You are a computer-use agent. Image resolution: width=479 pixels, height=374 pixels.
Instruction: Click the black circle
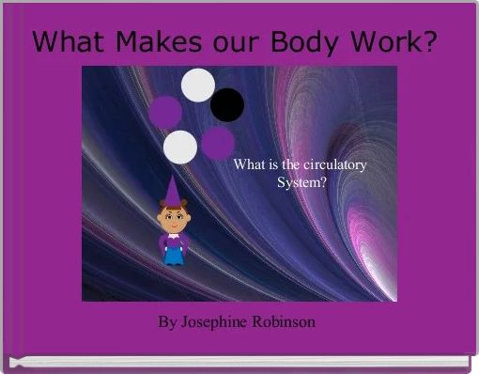[226, 104]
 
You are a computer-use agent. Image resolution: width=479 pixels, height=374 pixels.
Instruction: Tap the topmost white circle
[197, 85]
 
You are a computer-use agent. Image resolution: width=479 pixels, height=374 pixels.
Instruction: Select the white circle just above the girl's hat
[180, 147]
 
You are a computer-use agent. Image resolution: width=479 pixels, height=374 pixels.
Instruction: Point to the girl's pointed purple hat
[172, 192]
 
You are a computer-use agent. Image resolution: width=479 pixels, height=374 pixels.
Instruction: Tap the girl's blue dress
[173, 249]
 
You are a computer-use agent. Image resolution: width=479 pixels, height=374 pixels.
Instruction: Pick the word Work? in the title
[397, 42]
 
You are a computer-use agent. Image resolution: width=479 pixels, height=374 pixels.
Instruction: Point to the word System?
[302, 182]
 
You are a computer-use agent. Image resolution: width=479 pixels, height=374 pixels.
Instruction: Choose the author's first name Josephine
[215, 322]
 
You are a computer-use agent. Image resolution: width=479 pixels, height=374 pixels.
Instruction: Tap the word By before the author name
[167, 322]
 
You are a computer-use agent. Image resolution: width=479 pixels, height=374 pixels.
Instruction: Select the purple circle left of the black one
[166, 112]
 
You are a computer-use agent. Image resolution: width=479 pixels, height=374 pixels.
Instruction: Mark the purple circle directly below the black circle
[218, 142]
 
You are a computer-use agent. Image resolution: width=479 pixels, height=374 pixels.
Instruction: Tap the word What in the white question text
[248, 165]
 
